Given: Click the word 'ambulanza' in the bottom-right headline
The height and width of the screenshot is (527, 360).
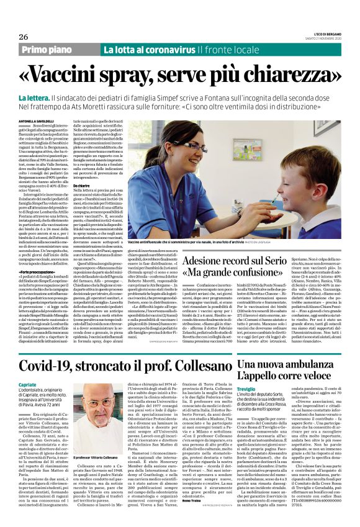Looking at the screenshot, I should click(314, 347).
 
